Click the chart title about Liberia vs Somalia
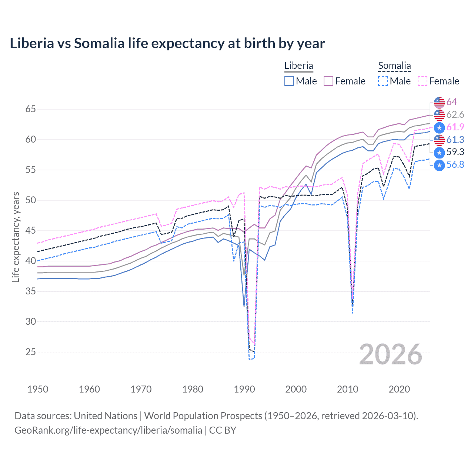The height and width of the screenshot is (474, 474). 167,43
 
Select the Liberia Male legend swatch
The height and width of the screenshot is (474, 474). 289,81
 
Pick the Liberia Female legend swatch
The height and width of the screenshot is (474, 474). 328,81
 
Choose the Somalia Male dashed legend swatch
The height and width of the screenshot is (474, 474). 383,81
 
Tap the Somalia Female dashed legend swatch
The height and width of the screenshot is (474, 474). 423,81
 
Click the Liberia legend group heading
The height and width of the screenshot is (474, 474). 298,66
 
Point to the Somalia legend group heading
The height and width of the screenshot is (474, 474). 394,66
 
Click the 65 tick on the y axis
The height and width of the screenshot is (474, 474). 31,109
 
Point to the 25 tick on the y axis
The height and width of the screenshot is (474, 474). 31,352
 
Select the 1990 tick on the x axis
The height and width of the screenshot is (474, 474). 244,389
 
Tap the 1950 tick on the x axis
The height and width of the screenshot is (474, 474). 38,389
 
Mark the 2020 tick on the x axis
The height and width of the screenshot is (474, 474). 399,389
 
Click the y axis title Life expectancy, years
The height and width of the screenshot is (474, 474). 16,237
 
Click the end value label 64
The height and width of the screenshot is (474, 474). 451,102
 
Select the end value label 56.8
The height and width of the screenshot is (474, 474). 455,165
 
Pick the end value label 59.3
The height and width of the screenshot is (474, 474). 455,152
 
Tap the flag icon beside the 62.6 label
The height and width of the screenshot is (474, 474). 439,115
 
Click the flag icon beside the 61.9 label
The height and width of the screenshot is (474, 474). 439,127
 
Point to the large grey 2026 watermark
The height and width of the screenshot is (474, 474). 390,354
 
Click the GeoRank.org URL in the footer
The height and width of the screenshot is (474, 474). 108,430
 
